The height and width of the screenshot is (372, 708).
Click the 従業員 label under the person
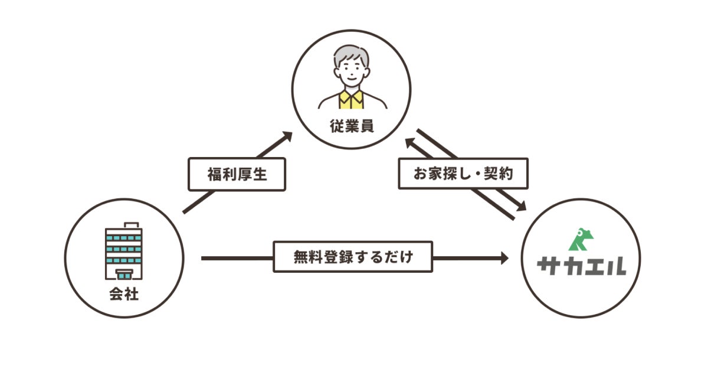coord(352,126)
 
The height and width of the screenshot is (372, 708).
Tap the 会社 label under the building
coord(124,294)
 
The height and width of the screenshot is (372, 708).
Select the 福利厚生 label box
coord(237,174)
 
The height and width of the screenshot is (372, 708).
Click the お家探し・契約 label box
coord(463,174)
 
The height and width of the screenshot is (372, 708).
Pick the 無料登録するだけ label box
coord(353,257)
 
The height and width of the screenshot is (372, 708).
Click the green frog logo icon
coord(581,239)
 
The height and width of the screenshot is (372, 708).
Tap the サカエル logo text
coord(581,267)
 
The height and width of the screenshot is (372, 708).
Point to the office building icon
coord(124,253)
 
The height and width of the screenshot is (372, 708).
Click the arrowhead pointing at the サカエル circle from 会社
coord(503,257)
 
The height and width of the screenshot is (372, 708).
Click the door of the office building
coord(124,273)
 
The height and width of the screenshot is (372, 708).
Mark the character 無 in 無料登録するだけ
coord(300,257)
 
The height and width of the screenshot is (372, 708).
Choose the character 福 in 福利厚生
coord(214,174)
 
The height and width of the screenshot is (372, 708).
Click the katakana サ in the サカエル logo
coord(549,267)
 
